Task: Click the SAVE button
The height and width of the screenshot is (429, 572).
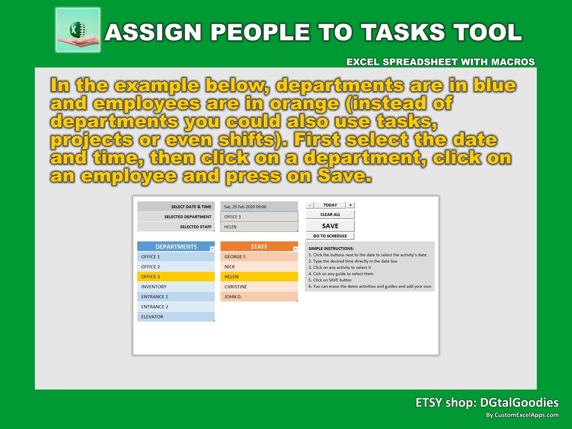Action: coord(330,226)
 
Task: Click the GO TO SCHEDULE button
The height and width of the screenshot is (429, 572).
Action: coord(330,236)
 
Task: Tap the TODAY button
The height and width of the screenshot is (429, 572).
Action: coord(330,205)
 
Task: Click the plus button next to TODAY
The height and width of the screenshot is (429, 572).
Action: coord(350,205)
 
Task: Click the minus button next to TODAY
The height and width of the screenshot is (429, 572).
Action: coord(310,205)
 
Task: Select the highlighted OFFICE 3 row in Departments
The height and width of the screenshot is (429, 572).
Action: coord(176,277)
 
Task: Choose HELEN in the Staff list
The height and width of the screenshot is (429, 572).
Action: coord(259,277)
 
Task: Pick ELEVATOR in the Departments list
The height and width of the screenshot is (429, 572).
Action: coord(176,317)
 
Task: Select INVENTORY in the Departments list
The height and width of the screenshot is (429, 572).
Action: coord(176,287)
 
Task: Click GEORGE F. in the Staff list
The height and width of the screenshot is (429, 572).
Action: coord(259,257)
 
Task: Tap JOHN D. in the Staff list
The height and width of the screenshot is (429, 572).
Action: coord(259,297)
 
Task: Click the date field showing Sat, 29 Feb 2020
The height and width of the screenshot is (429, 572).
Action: coord(259,207)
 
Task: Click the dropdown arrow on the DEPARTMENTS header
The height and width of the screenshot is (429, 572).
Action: coord(212,249)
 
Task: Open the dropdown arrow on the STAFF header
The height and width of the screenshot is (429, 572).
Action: coord(295,249)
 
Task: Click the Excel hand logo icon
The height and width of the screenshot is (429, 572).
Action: coord(78,30)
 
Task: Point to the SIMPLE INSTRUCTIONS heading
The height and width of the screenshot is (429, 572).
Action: coord(331,249)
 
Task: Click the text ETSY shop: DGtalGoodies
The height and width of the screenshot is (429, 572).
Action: coord(487,402)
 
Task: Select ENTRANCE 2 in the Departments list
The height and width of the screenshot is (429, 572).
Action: coord(176,307)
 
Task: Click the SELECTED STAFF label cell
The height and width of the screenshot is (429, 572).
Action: coord(176,227)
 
